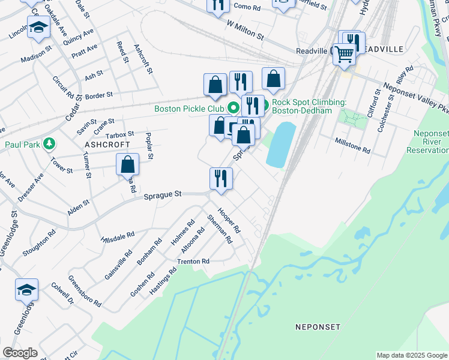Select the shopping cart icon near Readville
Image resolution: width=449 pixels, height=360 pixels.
tap(345, 53)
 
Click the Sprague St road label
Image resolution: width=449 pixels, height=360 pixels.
tap(162, 194)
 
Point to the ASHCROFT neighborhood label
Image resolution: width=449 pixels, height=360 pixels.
tap(107, 145)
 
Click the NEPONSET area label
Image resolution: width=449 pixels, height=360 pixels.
tap(318, 327)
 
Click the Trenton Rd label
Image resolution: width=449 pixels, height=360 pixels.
tap(193, 262)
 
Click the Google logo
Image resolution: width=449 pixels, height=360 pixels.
tap(20, 353)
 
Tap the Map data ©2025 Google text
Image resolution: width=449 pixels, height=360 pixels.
tap(411, 355)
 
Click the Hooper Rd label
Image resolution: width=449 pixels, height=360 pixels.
tap(229, 221)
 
